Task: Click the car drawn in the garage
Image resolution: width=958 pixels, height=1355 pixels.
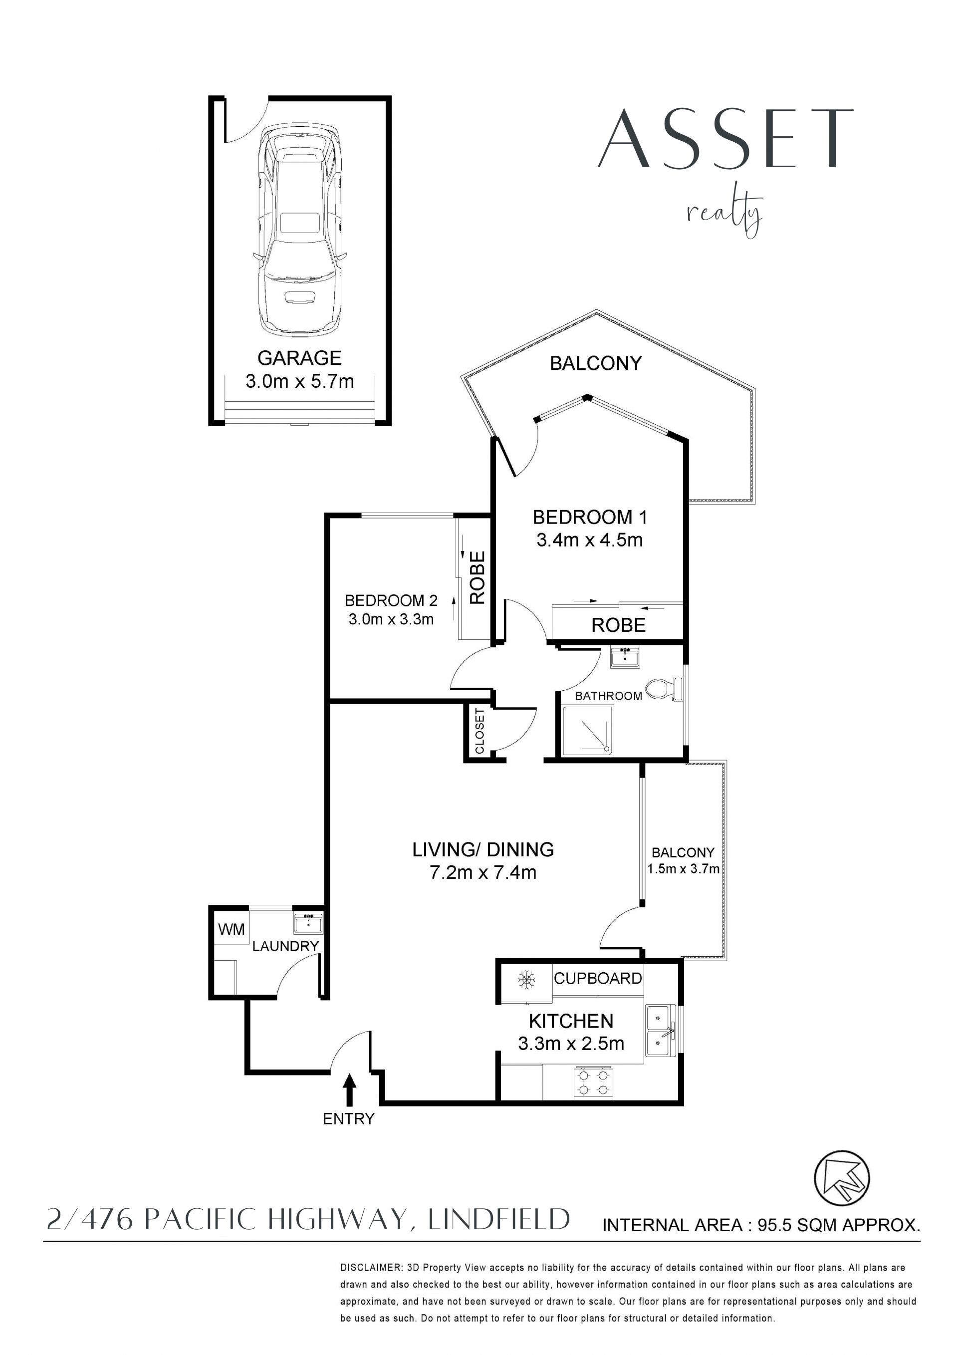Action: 300,230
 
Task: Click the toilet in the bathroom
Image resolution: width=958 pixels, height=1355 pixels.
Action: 664,689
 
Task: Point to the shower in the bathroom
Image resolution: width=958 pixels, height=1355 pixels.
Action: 588,730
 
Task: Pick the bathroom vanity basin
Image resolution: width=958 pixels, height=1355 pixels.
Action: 625,657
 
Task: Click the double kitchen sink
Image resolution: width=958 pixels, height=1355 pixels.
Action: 661,1031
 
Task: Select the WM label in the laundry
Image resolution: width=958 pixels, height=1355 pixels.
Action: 231,929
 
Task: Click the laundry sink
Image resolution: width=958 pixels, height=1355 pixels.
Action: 308,922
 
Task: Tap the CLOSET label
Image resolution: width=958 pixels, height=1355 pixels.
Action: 479,731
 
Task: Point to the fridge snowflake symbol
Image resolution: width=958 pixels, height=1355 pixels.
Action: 526,980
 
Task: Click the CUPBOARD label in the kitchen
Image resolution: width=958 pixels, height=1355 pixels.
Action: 598,979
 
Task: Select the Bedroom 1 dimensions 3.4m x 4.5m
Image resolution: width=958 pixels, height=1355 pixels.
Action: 589,540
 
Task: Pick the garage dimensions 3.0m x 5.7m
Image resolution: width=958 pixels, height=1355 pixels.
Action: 300,381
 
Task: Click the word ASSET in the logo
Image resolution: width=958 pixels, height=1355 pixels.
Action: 726,139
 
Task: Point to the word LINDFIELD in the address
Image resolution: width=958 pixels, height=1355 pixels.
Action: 499,1219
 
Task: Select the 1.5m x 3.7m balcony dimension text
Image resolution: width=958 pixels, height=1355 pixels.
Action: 683,869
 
